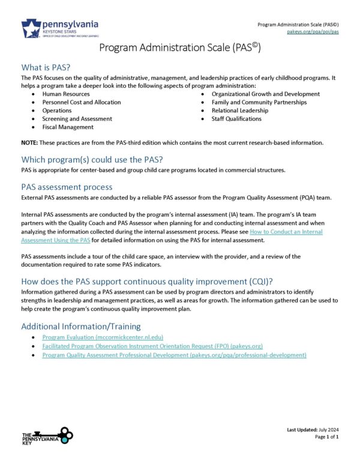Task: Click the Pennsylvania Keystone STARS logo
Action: (59, 28)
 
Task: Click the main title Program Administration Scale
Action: (179, 49)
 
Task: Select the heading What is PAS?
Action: (49, 67)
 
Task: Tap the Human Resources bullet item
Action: (65, 94)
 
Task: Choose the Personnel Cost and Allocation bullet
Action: (81, 102)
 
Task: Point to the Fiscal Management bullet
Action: (68, 127)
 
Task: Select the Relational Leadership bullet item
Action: (239, 110)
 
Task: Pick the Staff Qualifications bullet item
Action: (236, 119)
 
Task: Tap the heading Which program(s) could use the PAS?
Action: (92, 160)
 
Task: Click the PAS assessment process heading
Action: (66, 187)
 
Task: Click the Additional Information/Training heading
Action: (81, 326)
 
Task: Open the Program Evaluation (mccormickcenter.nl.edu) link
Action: (103, 338)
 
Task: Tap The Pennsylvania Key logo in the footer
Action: (47, 437)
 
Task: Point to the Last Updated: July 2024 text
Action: (313, 431)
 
